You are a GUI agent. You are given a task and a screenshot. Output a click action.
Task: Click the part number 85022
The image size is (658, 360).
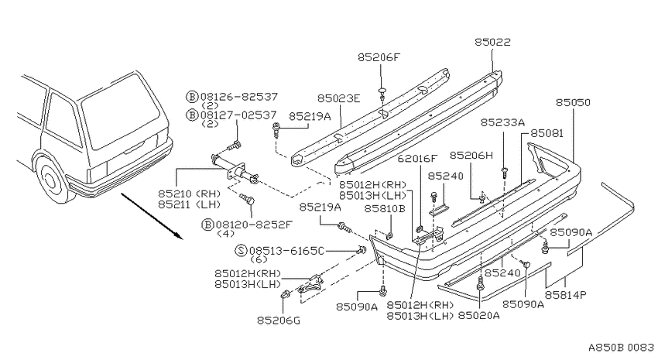click(x=492, y=42)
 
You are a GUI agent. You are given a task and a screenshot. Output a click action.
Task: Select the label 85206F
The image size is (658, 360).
click(x=379, y=57)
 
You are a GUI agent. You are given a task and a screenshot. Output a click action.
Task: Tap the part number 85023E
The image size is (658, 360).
click(x=338, y=98)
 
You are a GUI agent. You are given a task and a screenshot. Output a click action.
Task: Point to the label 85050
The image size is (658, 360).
click(x=573, y=102)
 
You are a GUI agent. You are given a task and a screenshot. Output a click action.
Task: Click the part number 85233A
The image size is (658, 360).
click(x=502, y=122)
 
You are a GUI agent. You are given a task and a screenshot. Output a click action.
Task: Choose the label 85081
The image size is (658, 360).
click(x=547, y=133)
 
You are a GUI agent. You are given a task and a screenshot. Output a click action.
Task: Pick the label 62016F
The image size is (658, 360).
click(x=417, y=158)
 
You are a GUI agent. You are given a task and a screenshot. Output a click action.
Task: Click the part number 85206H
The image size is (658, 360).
click(x=471, y=156)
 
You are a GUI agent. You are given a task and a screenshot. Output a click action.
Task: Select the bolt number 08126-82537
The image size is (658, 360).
click(x=238, y=97)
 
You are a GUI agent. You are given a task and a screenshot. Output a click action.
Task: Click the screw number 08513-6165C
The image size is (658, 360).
click(x=286, y=251)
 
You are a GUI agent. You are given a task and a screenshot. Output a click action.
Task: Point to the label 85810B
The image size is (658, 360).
click(x=385, y=208)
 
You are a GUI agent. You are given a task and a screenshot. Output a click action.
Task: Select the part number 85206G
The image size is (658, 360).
click(x=279, y=321)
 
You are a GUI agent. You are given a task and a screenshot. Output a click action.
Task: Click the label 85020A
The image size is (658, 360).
click(x=479, y=315)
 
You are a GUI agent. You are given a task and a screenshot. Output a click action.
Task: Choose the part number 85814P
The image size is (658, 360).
click(x=566, y=295)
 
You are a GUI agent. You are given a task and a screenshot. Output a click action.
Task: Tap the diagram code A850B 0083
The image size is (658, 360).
click(x=621, y=348)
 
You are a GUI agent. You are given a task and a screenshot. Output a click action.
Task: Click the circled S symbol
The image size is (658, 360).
click(x=241, y=251)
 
